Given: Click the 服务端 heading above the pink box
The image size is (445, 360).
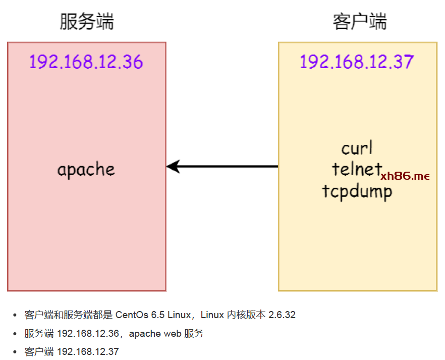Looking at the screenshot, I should coord(86,22).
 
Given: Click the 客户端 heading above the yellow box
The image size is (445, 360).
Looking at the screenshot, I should coord(359,22).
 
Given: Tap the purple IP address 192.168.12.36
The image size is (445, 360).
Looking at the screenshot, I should coord(86,62).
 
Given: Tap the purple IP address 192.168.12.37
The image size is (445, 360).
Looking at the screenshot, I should coord(357,62).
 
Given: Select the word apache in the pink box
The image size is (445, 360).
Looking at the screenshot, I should coord(86,170).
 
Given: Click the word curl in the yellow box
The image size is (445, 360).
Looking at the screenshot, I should coord(357,148).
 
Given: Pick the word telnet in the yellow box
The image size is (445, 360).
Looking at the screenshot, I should coord(356,169).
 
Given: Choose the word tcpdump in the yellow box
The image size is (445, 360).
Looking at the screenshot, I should coord(357,191).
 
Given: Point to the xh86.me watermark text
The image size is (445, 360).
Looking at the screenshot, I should coord(405,176).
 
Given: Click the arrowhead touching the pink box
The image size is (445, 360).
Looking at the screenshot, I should coord(173,166).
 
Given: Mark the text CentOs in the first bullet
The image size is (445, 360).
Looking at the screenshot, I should coord(132,315).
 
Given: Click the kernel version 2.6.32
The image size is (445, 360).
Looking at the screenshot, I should coord(282,315).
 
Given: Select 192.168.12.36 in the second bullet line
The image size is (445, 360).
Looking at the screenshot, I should coord(88,334).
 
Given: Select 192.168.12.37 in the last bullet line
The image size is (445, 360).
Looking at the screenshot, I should coord(88,351).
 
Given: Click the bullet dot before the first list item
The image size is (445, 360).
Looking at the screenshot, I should coord(15,316).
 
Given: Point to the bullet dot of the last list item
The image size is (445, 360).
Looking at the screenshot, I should coord(15,352).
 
